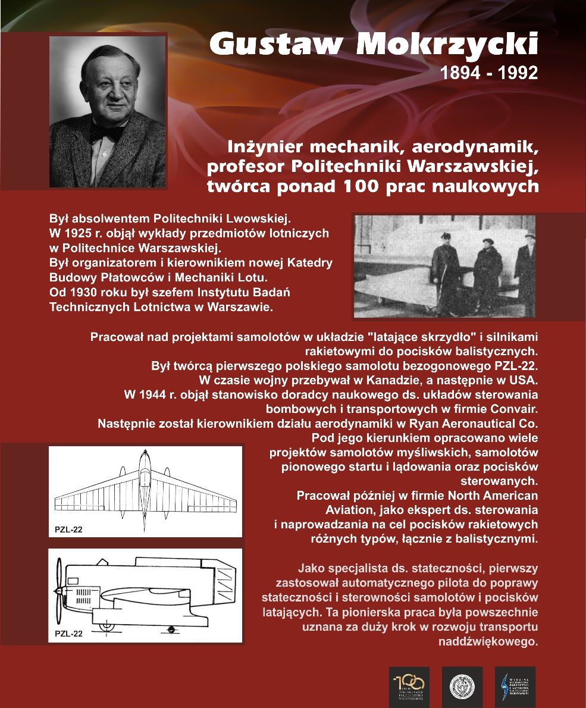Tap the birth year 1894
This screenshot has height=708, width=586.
461,73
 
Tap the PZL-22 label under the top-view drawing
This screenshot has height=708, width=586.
68,530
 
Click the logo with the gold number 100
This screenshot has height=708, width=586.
409,687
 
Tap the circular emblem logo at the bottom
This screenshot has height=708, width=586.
462,687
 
